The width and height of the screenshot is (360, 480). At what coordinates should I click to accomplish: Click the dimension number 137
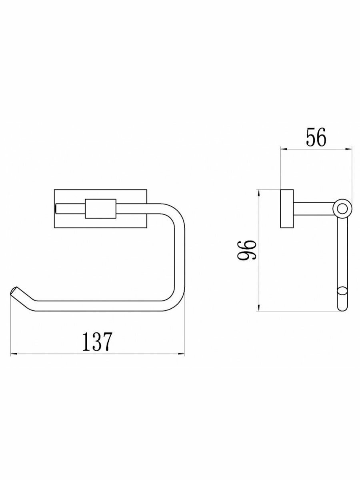pos(97,342)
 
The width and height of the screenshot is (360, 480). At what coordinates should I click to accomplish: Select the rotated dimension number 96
pos(246,250)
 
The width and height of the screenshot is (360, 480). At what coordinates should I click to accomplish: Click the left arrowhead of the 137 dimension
pos(14,354)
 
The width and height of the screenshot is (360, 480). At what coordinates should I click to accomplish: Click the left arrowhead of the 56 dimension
pos(284,149)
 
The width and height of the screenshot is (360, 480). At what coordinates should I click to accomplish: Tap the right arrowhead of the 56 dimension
pos(348,149)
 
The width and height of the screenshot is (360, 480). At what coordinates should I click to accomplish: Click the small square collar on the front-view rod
pos(100,209)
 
